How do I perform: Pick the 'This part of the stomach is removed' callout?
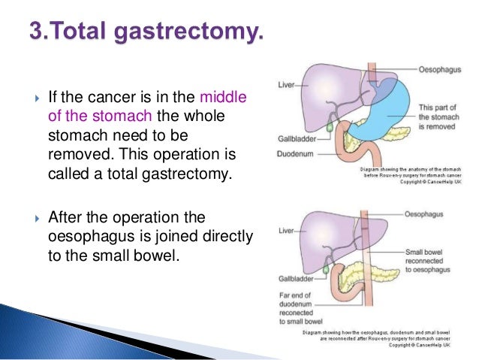[x=435, y=117]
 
